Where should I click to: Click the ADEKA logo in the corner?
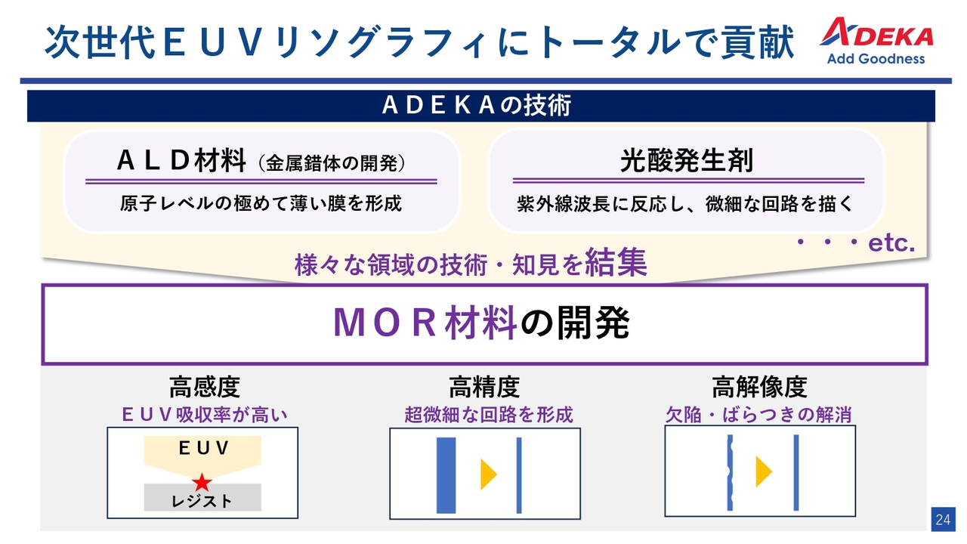[x=876, y=40]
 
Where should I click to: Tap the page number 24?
[x=943, y=519]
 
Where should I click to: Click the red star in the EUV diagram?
[x=202, y=483]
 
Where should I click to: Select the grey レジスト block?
[x=202, y=497]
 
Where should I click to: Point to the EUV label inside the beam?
[x=203, y=448]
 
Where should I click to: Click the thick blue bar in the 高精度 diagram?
[x=446, y=475]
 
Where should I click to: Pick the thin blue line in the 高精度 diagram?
[x=519, y=475]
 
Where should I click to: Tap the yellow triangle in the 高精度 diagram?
[x=489, y=474]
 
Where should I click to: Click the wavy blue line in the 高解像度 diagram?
[x=730, y=473]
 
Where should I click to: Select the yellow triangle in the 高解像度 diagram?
[x=764, y=471]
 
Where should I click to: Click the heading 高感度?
[x=204, y=387]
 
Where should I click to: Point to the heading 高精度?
[x=484, y=387]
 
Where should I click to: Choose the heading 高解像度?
[x=759, y=387]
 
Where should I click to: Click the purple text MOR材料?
[x=425, y=323]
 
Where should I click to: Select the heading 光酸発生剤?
[x=687, y=161]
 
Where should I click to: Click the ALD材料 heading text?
[x=182, y=161]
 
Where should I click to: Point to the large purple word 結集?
[x=616, y=262]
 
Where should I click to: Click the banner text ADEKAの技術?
[x=477, y=105]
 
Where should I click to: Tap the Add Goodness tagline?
[x=876, y=59]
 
